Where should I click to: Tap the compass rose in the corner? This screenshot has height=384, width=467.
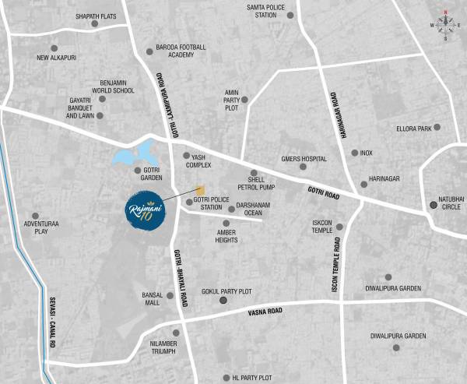[x=446, y=25]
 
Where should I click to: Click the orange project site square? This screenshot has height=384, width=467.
[x=200, y=190]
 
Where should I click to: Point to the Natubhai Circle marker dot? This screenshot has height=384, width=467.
[x=434, y=205]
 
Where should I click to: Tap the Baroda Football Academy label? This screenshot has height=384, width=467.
[x=181, y=51]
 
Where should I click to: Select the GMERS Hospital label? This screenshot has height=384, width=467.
[x=304, y=159]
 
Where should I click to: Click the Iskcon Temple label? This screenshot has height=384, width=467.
[x=322, y=227]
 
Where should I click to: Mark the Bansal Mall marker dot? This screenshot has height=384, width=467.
[x=170, y=295]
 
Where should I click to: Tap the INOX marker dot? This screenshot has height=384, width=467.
[x=355, y=153]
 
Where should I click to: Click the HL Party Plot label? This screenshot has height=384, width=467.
[x=252, y=378]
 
